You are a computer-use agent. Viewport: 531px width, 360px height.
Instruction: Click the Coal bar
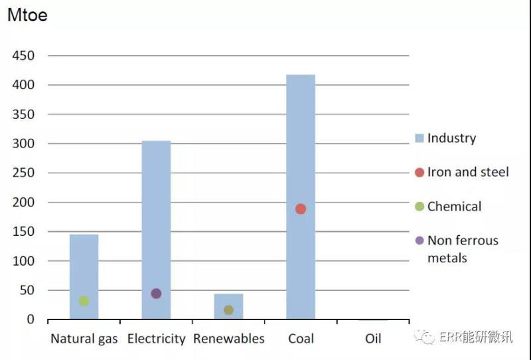301,166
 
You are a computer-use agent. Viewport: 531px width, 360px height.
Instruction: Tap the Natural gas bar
84,266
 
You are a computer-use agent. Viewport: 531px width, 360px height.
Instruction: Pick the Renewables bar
228,302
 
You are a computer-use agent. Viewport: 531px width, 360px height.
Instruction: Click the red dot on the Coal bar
301,209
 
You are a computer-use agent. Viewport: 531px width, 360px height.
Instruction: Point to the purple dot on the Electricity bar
156,294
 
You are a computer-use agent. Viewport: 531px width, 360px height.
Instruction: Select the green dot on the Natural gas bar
84,301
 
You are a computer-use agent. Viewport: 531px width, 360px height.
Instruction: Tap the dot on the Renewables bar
228,310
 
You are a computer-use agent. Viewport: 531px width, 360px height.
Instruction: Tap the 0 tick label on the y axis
30,319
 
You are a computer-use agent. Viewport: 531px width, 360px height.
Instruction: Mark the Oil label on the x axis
373,339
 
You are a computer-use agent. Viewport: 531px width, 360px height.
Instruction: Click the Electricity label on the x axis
156,339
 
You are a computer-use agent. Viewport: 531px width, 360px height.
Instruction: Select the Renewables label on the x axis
228,339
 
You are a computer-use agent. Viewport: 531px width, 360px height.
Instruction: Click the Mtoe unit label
27,15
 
